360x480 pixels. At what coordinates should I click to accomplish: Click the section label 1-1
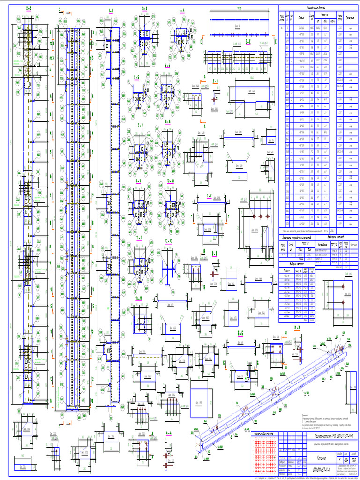point(112,10)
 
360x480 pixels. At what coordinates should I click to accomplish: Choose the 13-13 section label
point(139,299)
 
